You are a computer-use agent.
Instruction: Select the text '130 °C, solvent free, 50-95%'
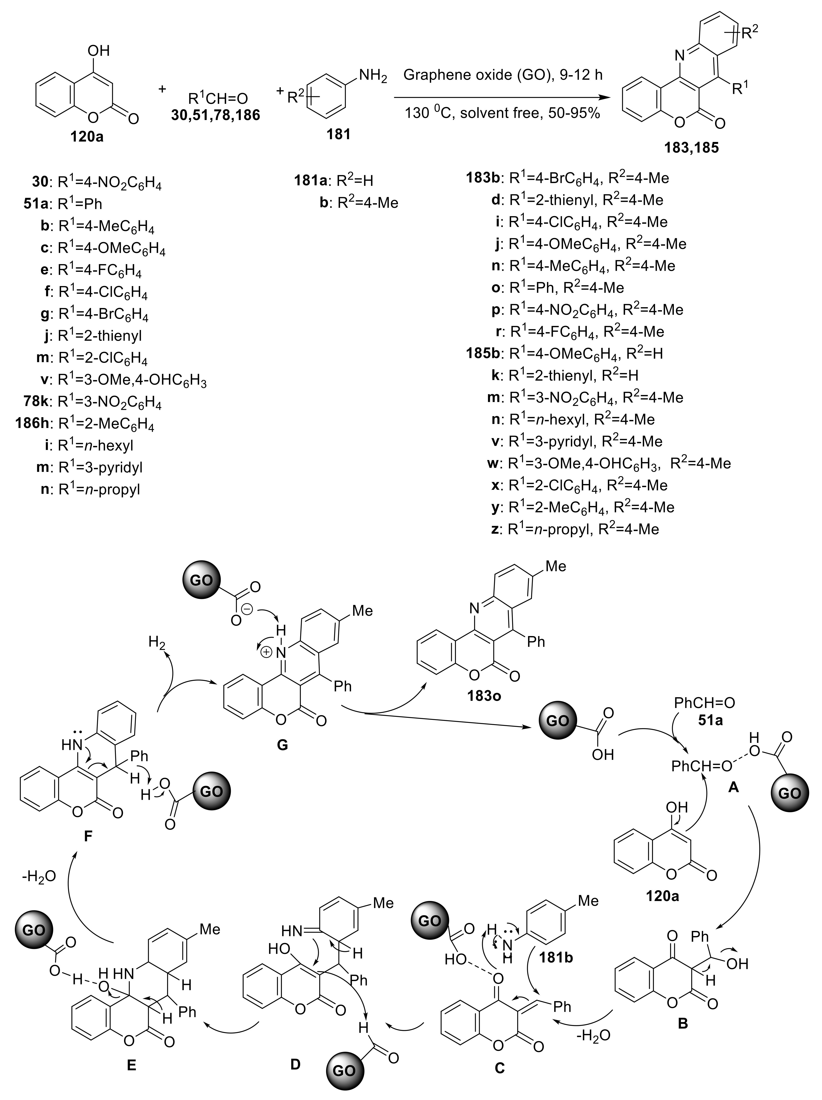[x=502, y=113]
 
